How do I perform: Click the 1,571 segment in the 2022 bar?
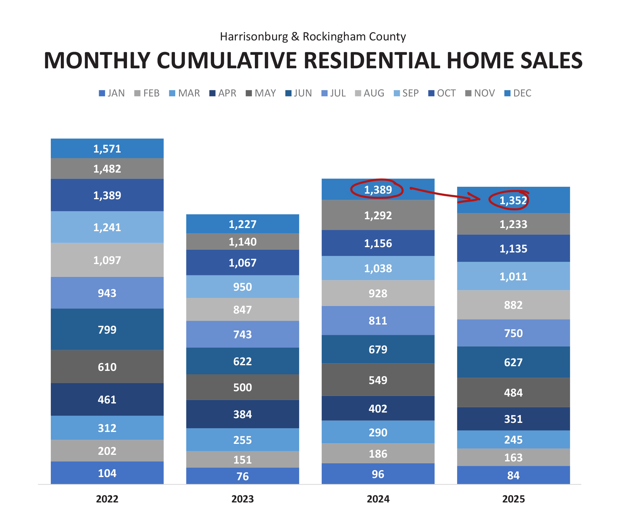pyautogui.click(x=107, y=149)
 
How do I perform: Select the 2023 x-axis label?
pyautogui.click(x=242, y=499)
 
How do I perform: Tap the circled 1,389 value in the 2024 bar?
pyautogui.click(x=378, y=190)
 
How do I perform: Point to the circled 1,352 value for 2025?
pyautogui.click(x=513, y=200)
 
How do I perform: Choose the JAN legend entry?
pyautogui.click(x=112, y=93)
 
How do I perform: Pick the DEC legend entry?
pyautogui.click(x=518, y=93)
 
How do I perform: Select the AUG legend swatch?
pyautogui.click(x=358, y=93)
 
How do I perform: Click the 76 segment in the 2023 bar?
pyautogui.click(x=242, y=476)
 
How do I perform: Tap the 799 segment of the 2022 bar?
pyautogui.click(x=107, y=330)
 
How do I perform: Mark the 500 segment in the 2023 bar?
pyautogui.click(x=242, y=387)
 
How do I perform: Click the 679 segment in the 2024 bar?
pyautogui.click(x=378, y=349)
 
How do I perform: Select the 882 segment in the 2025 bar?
pyautogui.click(x=513, y=305)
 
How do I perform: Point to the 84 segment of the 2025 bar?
pyautogui.click(x=513, y=475)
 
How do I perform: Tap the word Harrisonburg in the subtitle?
pyautogui.click(x=254, y=37)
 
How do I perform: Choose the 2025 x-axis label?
pyautogui.click(x=513, y=499)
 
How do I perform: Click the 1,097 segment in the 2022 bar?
pyautogui.click(x=107, y=260)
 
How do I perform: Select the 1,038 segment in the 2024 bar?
pyautogui.click(x=378, y=268)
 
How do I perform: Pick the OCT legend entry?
pyautogui.click(x=442, y=93)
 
